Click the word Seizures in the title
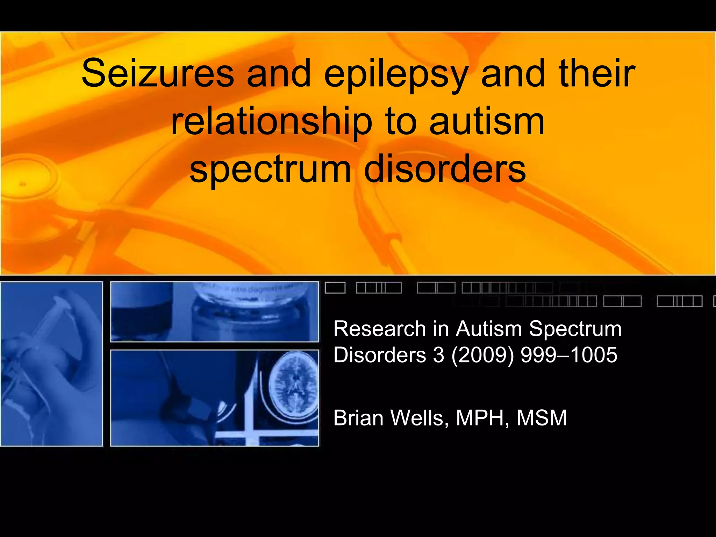(157, 73)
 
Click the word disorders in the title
(445, 169)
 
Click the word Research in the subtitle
(380, 329)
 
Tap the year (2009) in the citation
(482, 355)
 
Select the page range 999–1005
(569, 355)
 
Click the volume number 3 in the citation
(438, 355)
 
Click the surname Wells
(420, 418)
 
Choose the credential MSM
(542, 418)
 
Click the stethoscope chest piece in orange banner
(24, 182)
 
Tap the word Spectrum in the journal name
(575, 329)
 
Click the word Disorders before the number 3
(380, 355)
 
